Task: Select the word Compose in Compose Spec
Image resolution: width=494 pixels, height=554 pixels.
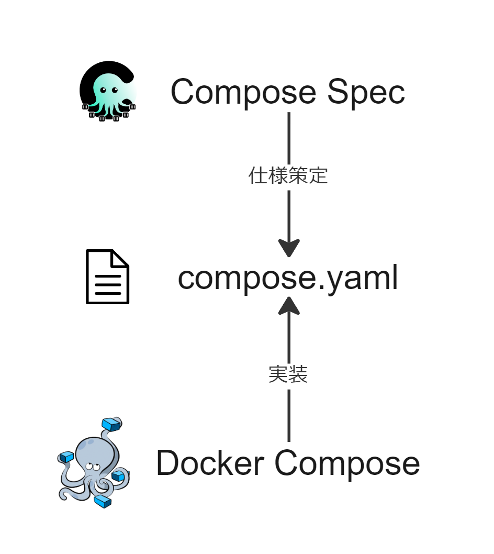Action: click(x=243, y=93)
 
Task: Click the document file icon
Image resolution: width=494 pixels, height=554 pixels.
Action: click(x=107, y=276)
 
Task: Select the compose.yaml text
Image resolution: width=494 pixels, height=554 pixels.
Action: click(x=288, y=278)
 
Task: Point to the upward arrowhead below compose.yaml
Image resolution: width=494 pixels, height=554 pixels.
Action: click(x=289, y=306)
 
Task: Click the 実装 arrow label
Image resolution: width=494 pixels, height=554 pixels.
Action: click(x=288, y=374)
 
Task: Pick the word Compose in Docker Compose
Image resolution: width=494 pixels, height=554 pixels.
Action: click(x=347, y=464)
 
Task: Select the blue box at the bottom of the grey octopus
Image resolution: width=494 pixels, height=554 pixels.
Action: click(x=103, y=502)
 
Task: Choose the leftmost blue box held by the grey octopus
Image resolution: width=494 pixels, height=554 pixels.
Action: click(x=66, y=457)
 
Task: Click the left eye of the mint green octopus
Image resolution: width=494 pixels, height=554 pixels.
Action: click(x=103, y=90)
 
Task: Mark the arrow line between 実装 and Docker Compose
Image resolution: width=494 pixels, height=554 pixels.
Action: click(x=289, y=415)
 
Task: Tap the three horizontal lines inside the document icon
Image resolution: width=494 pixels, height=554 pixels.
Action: click(x=108, y=284)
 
